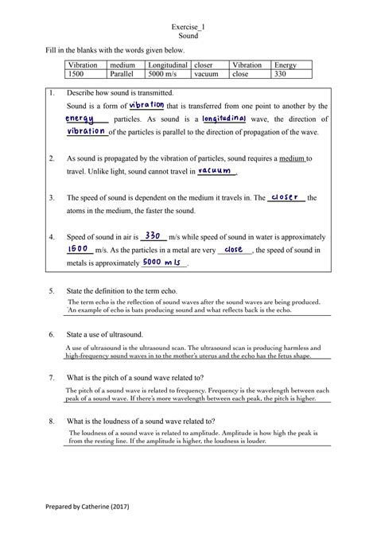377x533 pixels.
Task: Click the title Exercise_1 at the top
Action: [x=188, y=27]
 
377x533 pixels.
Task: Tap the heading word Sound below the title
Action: [x=188, y=37]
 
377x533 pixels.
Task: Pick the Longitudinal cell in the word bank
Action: [x=167, y=64]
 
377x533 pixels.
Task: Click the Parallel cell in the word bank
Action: [x=126, y=74]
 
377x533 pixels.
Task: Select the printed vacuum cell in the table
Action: [x=205, y=74]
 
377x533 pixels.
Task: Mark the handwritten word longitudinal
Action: [x=225, y=119]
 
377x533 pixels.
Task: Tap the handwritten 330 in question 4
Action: [x=154, y=235]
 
